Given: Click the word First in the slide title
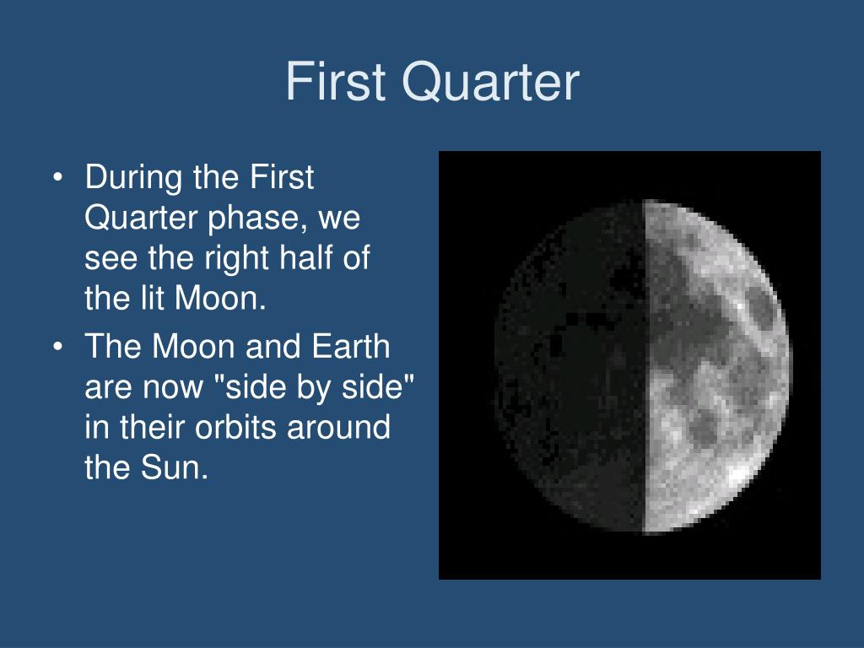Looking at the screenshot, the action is tap(335, 81).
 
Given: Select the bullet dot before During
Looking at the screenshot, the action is tap(58, 178).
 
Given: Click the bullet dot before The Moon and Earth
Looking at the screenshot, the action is tap(58, 347).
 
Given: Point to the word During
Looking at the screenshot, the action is tap(134, 177).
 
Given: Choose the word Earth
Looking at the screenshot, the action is tap(350, 346).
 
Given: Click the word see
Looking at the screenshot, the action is tap(111, 259).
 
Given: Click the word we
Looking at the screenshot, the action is tap(339, 219).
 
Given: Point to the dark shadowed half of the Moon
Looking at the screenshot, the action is tap(573, 366).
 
